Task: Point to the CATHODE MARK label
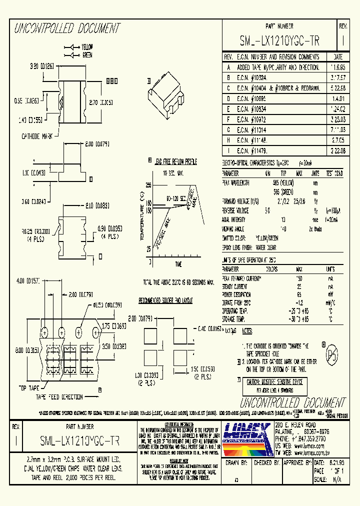coord(37,136)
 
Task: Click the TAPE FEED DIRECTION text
coord(59,396)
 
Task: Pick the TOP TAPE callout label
coord(29,387)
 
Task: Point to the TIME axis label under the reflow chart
coord(178,264)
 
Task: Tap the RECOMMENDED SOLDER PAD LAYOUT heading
coord(165,301)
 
